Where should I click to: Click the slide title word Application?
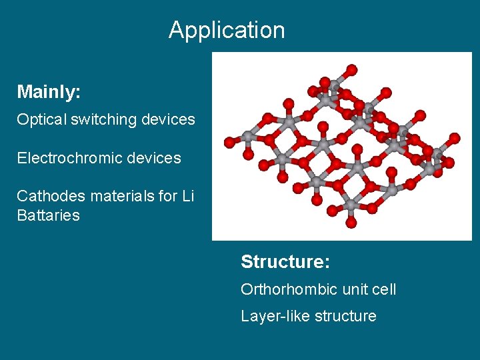[227, 30]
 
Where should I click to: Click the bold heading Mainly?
[49, 92]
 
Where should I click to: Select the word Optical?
[39, 120]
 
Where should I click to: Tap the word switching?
[97, 120]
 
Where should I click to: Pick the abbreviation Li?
[188, 196]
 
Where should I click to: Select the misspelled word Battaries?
[48, 215]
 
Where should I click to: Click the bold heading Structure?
[285, 262]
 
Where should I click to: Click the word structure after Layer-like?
[343, 316]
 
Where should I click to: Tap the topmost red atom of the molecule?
[352, 69]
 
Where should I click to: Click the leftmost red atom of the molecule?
[229, 142]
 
